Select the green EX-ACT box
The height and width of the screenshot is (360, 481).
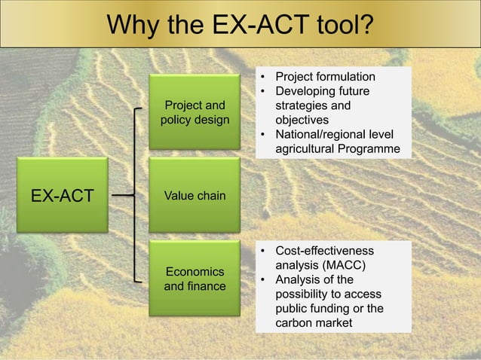(63, 196)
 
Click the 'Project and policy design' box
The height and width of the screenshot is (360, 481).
(195, 112)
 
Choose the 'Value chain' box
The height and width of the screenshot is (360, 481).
(195, 196)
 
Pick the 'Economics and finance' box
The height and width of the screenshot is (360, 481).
(195, 279)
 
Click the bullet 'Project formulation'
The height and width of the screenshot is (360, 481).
(324, 77)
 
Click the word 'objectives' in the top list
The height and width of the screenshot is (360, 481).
(302, 120)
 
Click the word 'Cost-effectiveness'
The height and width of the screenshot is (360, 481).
(323, 251)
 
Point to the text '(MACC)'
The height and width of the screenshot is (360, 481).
(344, 265)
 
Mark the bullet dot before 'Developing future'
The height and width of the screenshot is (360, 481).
(263, 91)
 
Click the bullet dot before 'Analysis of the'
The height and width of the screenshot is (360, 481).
(263, 279)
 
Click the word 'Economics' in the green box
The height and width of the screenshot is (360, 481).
(195, 271)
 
